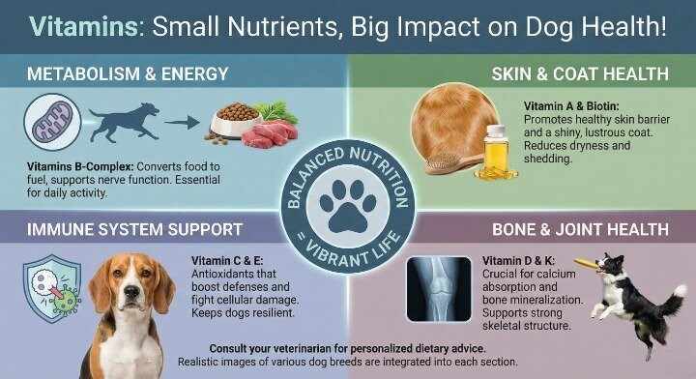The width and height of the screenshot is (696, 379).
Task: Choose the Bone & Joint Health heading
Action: (x=579, y=230)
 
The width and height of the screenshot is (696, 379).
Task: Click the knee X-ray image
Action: (x=439, y=287)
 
